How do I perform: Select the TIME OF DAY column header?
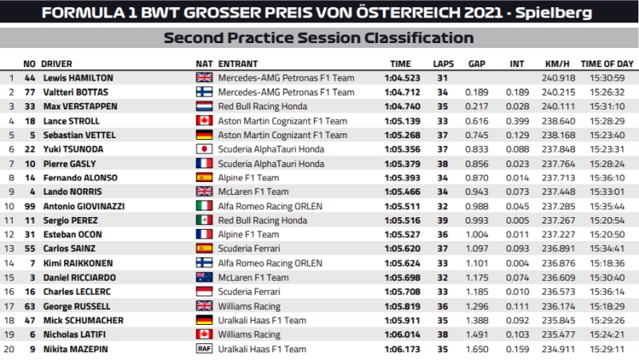(x=607, y=62)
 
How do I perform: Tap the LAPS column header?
(x=443, y=62)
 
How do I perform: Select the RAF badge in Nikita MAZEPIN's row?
(x=204, y=350)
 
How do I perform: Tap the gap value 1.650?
(x=477, y=350)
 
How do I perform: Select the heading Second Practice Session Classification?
(x=319, y=38)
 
